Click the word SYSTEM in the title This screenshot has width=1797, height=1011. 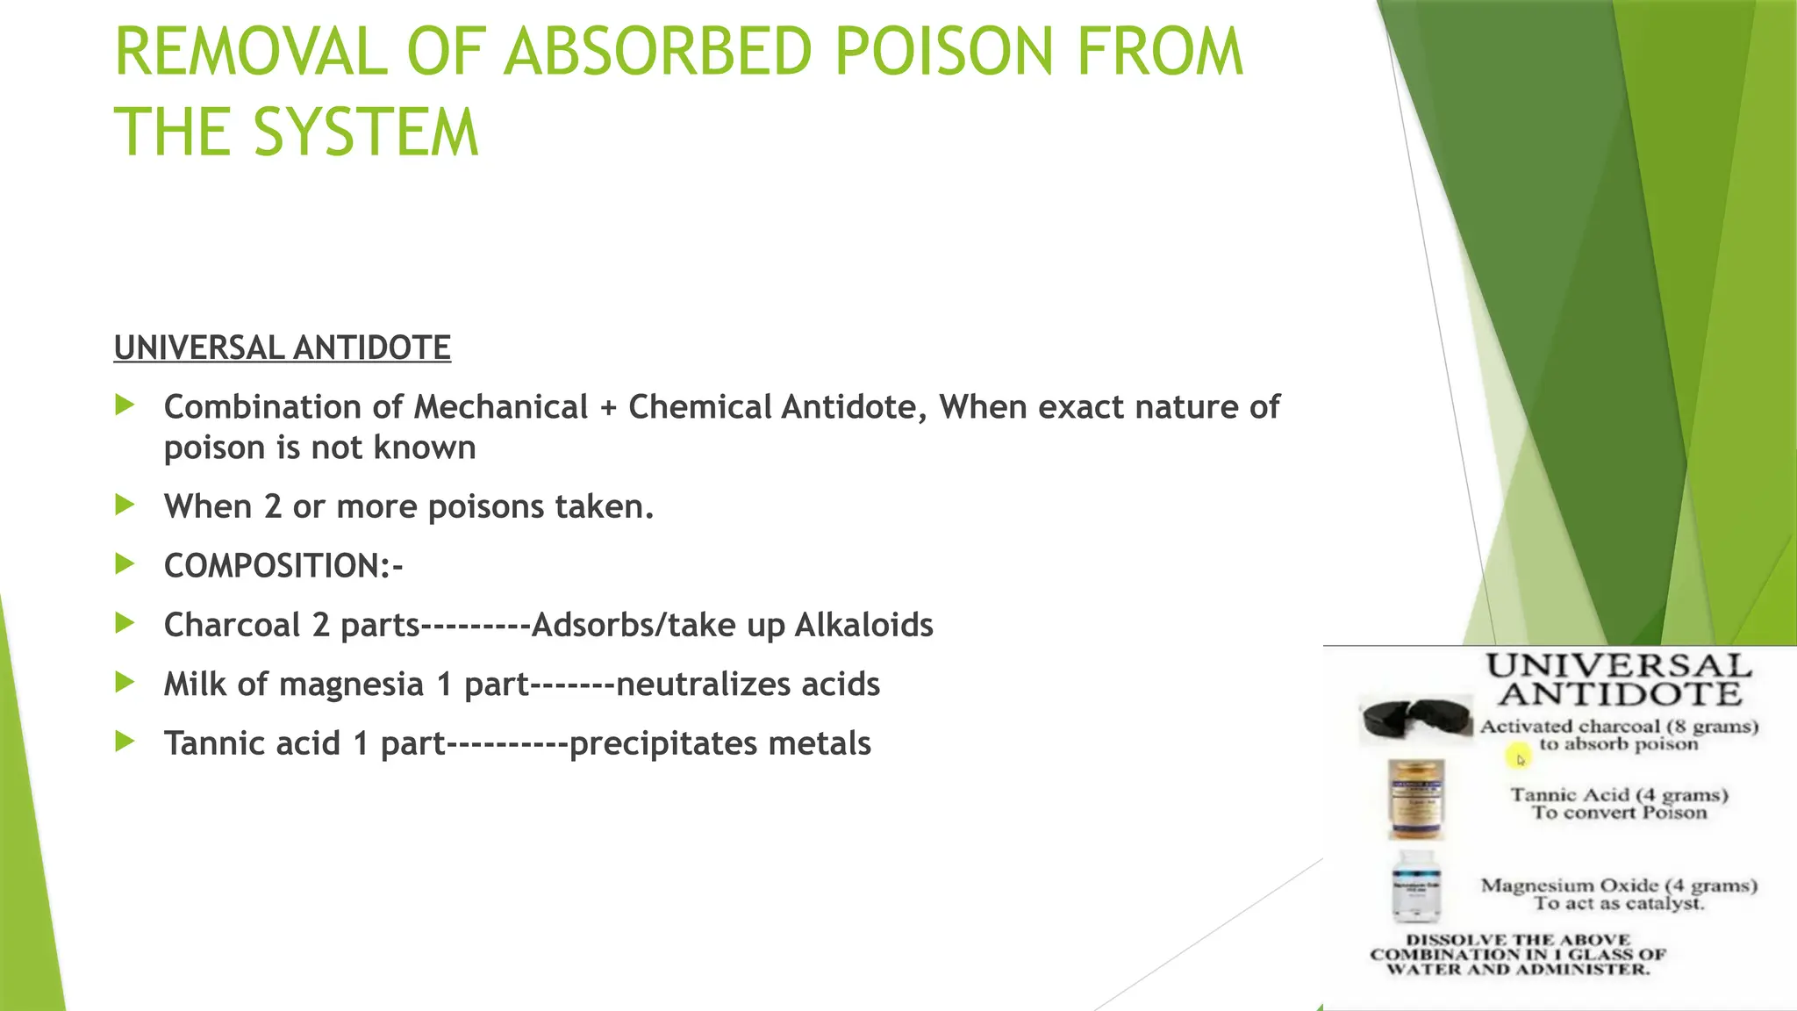point(367,133)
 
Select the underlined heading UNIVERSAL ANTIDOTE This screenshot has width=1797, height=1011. point(282,348)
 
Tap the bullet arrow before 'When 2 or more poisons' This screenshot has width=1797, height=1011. point(125,505)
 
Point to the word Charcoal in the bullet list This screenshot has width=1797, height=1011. point(232,625)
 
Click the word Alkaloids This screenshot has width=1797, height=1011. point(863,625)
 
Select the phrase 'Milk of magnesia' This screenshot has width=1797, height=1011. point(293,685)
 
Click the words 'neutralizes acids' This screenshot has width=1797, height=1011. point(748,685)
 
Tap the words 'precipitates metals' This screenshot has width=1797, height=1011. point(720,743)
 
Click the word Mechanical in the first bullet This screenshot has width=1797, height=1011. point(500,407)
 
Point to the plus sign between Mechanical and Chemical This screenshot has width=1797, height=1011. point(608,408)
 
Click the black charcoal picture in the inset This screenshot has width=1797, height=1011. point(1414,719)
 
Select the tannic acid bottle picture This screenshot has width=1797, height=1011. point(1415,799)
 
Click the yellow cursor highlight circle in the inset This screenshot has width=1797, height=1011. point(1519,756)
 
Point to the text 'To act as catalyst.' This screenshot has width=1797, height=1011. point(1619,903)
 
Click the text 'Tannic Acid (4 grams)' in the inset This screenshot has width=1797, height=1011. point(1619,795)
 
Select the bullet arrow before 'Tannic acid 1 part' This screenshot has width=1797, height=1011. point(125,742)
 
